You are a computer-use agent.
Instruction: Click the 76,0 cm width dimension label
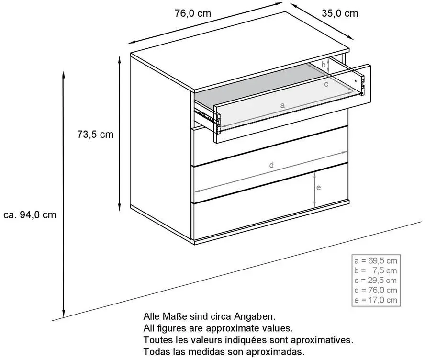click(193, 13)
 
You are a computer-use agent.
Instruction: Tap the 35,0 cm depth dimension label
click(340, 13)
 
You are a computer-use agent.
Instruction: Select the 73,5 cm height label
click(95, 135)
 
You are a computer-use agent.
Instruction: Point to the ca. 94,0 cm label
click(30, 215)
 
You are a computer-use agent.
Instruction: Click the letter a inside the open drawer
click(282, 105)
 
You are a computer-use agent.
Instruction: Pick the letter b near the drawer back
click(324, 65)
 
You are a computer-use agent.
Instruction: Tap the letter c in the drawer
click(326, 84)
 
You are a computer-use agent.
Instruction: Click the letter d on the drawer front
click(271, 165)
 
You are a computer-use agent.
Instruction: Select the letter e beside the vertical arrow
click(319, 188)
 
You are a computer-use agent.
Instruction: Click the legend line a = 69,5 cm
click(376, 261)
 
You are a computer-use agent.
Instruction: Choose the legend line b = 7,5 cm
click(376, 270)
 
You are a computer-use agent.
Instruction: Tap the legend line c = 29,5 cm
click(376, 281)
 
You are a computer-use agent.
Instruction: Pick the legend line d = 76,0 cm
click(376, 290)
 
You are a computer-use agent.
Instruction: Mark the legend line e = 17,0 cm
click(376, 300)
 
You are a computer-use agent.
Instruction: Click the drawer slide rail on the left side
click(205, 115)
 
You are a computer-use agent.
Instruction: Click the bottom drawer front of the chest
click(270, 220)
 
